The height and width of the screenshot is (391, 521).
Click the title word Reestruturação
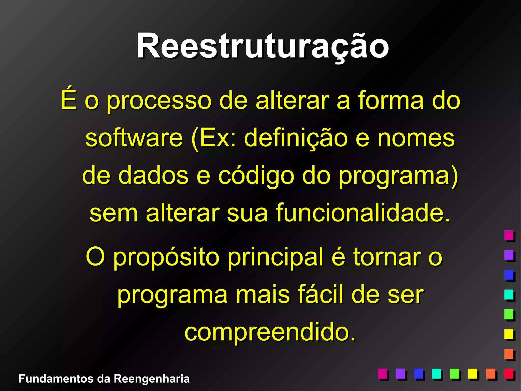pos(263,46)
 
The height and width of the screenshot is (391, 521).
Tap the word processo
pos(159,101)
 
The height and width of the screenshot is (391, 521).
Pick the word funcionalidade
pos(363,213)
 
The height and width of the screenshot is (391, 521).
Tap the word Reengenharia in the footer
pos(152,379)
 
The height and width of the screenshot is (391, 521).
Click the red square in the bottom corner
pos(509,373)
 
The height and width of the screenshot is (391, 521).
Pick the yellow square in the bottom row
pos(473,373)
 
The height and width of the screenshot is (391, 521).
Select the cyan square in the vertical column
pos(509,294)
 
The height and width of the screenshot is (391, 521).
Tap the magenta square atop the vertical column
pos(509,235)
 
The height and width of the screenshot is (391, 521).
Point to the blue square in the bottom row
pos(418,373)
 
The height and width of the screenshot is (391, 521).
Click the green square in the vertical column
pos(509,314)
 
